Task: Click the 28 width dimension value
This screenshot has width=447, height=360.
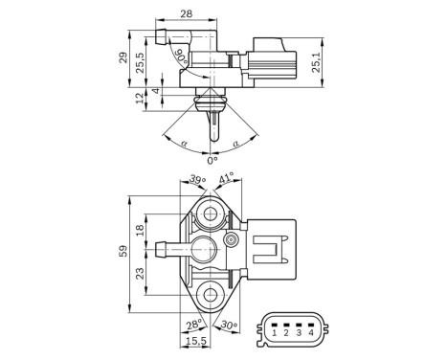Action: (x=186, y=14)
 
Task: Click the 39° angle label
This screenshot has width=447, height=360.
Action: (x=197, y=180)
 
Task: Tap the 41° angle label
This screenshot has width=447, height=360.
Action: (x=227, y=180)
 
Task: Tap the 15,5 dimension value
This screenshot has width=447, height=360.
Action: (x=195, y=342)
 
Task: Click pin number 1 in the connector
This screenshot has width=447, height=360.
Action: (x=274, y=332)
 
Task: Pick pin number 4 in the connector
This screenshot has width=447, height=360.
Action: (x=310, y=332)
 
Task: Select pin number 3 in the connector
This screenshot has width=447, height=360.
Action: (x=299, y=332)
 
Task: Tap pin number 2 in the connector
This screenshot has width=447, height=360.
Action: (x=286, y=332)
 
